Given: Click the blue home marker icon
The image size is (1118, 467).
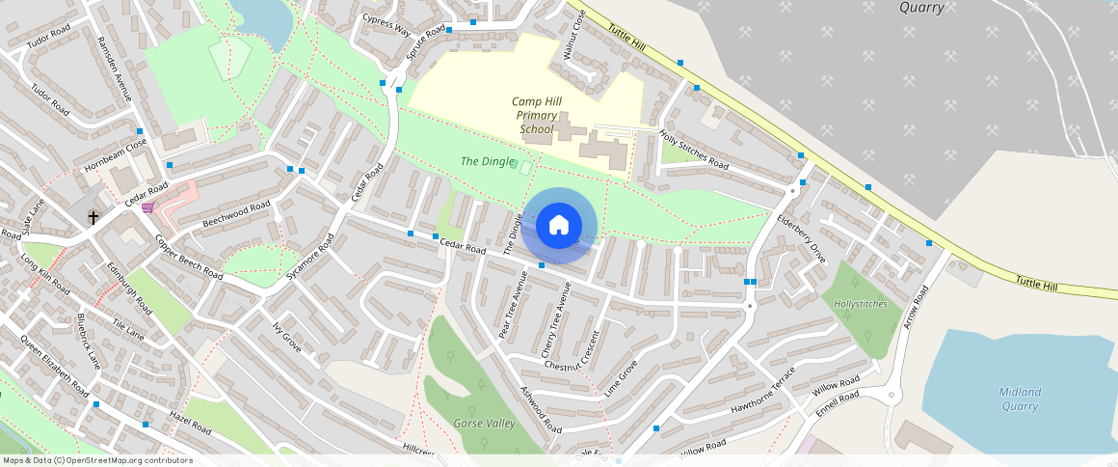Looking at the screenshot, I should coord(558,226).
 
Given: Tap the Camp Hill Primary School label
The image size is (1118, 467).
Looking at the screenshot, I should coord(536,115).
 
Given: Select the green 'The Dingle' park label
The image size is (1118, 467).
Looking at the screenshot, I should coord(487,162).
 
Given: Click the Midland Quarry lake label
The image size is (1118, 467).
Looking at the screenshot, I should coord(1020,398).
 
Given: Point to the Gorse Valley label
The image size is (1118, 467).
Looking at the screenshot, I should coord(484,424).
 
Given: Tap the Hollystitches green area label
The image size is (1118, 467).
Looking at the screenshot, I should coord(861,304).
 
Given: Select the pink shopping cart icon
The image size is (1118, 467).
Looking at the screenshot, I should coord(147,206).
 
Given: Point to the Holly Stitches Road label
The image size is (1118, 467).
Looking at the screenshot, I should coord(694,149).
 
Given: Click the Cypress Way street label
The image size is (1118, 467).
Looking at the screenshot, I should coord(386,23).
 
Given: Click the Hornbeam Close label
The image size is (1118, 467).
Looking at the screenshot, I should coord(115,154).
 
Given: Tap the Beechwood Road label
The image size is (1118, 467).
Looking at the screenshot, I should coord(236,215).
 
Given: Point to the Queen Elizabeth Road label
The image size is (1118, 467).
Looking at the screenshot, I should coord(54,368).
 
